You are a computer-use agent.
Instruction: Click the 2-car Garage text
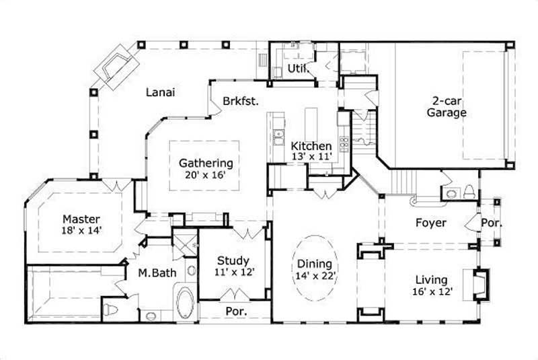click(446, 107)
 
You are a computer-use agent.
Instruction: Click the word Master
click(81, 219)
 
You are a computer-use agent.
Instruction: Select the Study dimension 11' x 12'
click(233, 273)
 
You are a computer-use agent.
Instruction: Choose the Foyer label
click(430, 222)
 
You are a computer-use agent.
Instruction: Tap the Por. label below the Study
click(235, 312)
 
